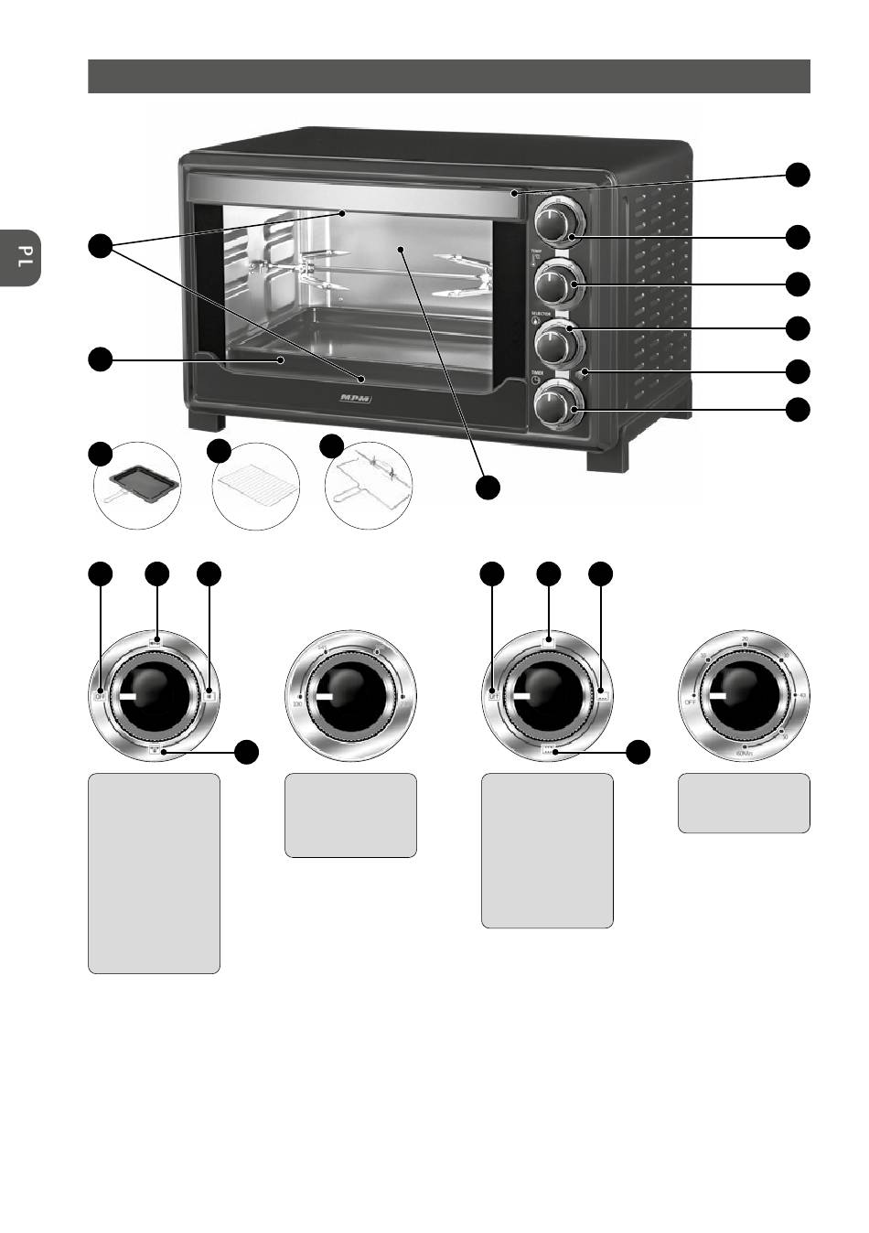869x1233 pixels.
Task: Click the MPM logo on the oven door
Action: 349,400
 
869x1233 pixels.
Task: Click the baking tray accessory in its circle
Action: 137,485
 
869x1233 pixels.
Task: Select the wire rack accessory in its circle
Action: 256,485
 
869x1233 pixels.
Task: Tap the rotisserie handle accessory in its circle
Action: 369,485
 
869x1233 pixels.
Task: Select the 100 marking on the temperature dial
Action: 296,703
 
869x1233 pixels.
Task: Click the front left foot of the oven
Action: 207,422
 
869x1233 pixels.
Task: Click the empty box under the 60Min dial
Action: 743,802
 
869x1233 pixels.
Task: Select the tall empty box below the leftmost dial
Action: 154,873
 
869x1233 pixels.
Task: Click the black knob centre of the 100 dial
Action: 350,695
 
